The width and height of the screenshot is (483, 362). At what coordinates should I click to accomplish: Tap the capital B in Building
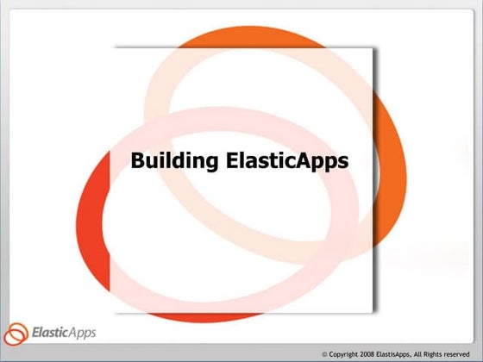point(136,160)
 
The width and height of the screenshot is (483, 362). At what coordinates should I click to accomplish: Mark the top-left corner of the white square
point(111,47)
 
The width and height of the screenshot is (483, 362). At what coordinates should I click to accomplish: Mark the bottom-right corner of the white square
point(374,312)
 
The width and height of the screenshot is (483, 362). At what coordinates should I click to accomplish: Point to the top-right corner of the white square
point(374,47)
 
